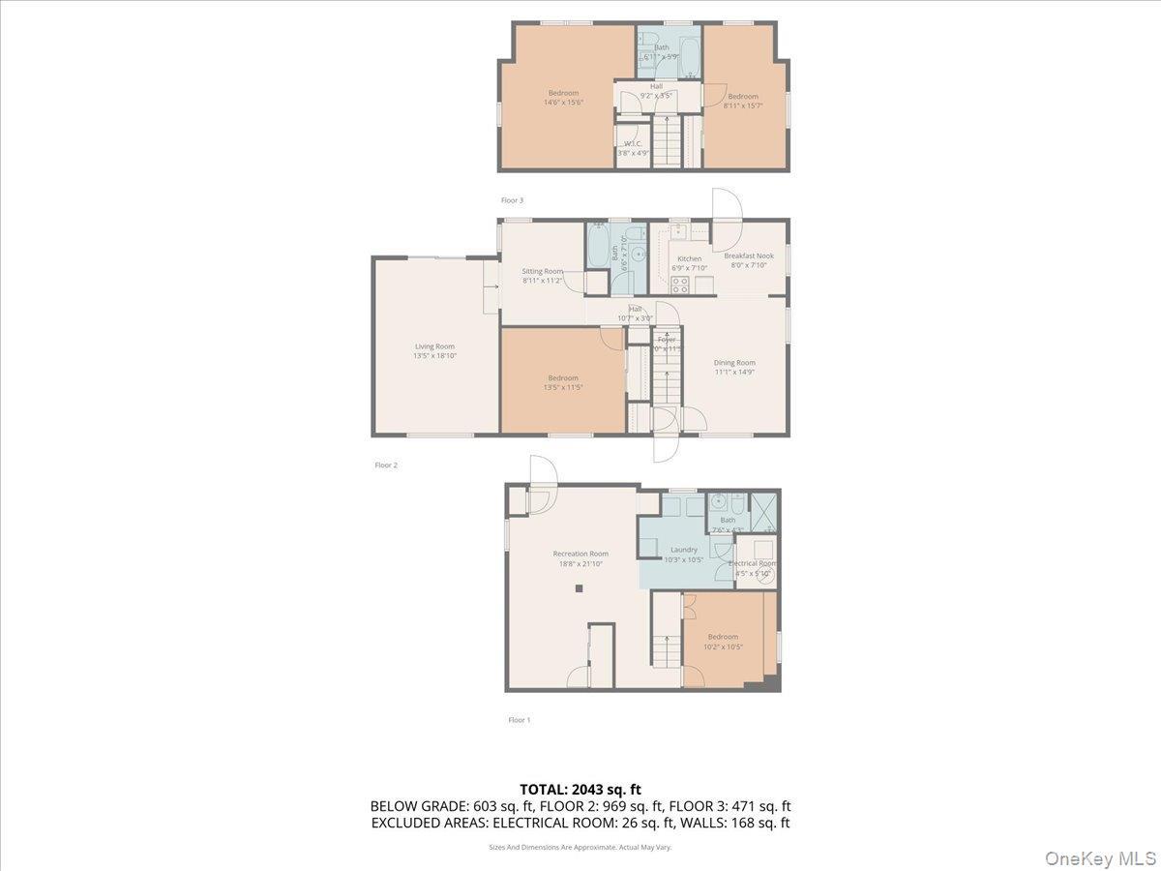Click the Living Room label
pyautogui.click(x=434, y=346)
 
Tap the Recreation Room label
pyautogui.click(x=580, y=554)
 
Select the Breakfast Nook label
pyautogui.click(x=749, y=255)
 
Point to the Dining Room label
pyautogui.click(x=734, y=363)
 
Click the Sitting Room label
pyautogui.click(x=542, y=271)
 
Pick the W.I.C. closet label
pyautogui.click(x=633, y=143)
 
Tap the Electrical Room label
pyautogui.click(x=752, y=563)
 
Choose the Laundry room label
pyautogui.click(x=684, y=550)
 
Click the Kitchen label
pyautogui.click(x=689, y=258)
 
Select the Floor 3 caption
pyautogui.click(x=512, y=200)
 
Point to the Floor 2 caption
pyautogui.click(x=386, y=466)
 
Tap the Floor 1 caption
pyautogui.click(x=519, y=720)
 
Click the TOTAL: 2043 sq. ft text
pyautogui.click(x=580, y=788)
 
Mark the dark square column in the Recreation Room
pyautogui.click(x=579, y=588)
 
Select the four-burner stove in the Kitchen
pyautogui.click(x=680, y=285)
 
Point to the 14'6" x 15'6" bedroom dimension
pyautogui.click(x=561, y=102)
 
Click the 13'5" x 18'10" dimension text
pyautogui.click(x=434, y=356)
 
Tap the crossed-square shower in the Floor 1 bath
pyautogui.click(x=763, y=512)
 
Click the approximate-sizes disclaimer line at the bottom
pyautogui.click(x=580, y=847)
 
